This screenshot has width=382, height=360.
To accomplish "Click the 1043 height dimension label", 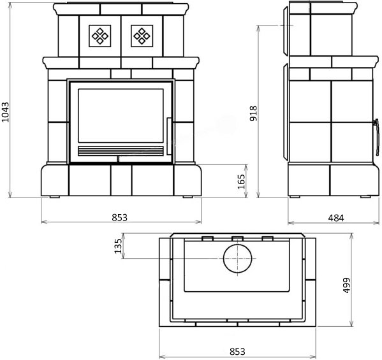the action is (x=5, y=112).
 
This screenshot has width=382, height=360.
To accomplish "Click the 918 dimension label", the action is (x=253, y=113).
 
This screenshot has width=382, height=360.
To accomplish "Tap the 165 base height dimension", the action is (x=241, y=182).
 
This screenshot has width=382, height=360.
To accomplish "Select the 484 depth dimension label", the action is (x=336, y=218).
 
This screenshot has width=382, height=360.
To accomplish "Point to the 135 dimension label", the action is (x=118, y=246).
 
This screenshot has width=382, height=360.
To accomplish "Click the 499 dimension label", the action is (x=346, y=285).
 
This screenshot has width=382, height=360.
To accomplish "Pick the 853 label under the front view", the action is (x=120, y=217).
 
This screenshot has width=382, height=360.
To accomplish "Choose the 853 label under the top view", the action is (x=237, y=352).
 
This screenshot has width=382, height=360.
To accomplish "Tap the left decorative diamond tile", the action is (x=100, y=36).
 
